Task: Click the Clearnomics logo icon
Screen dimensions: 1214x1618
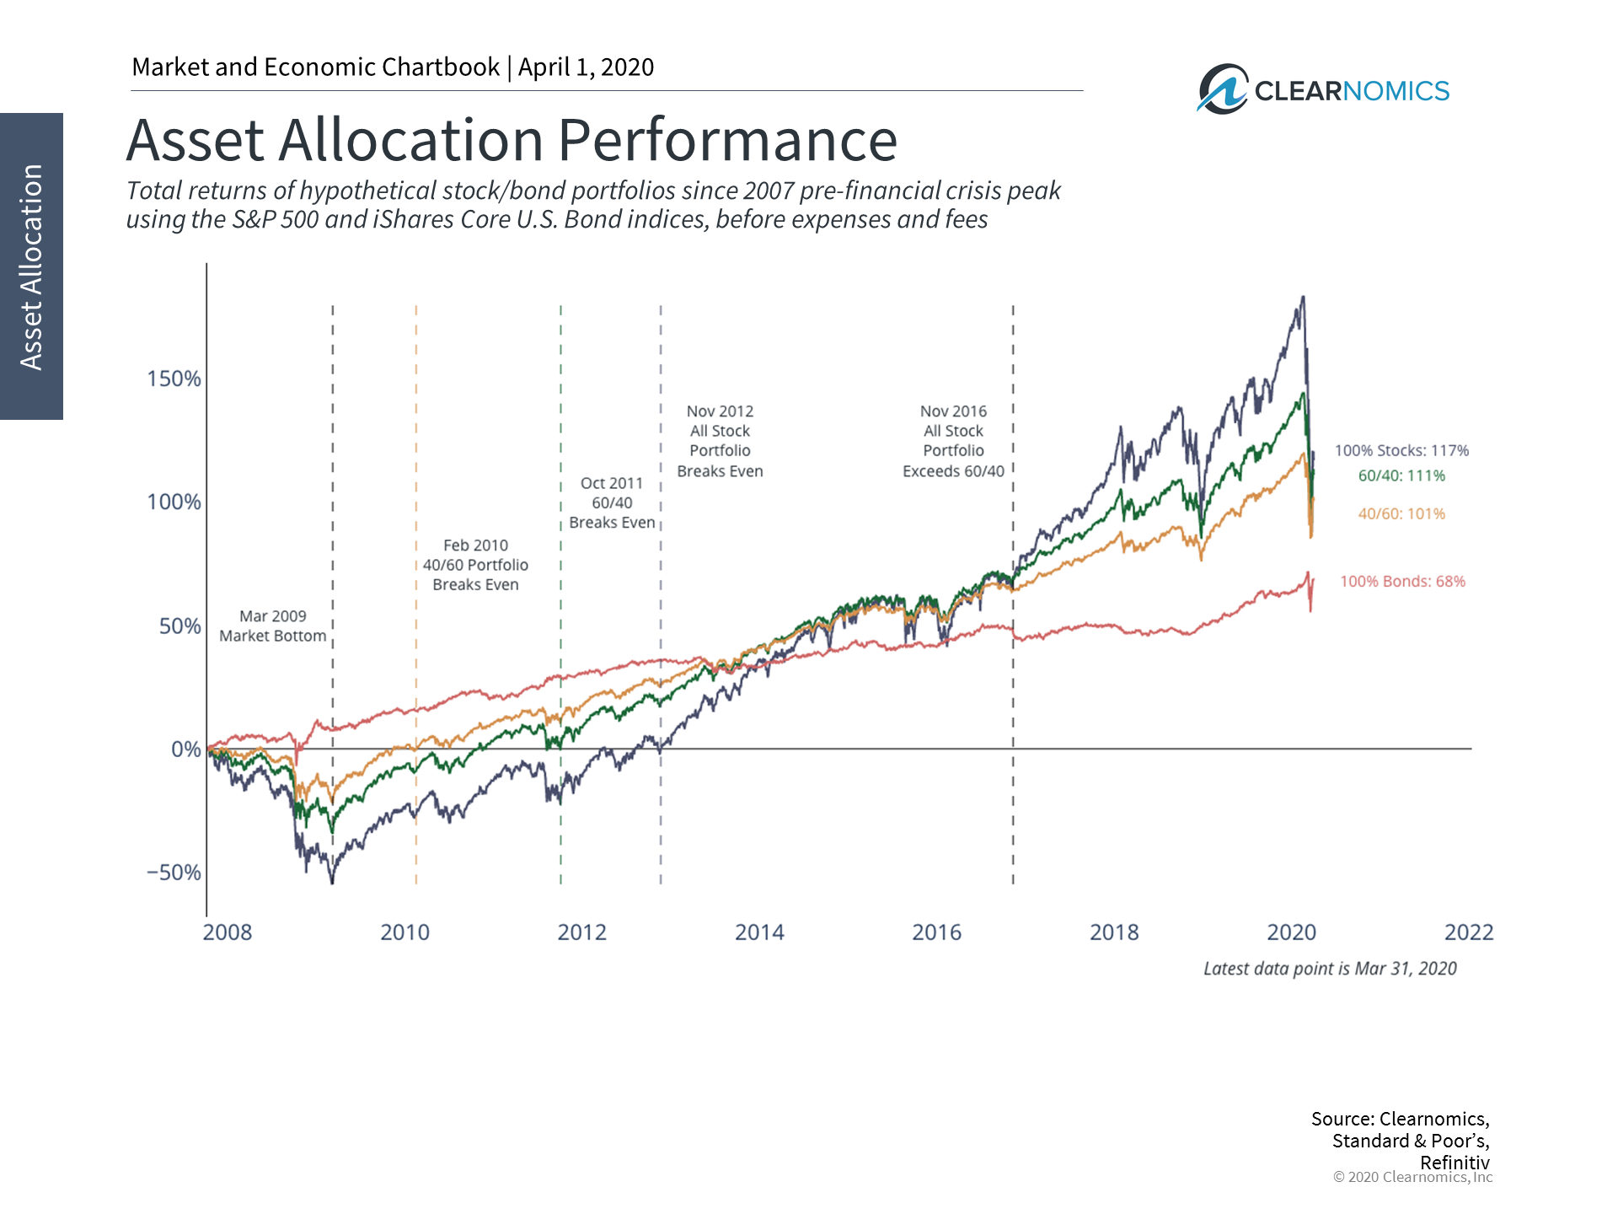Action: [1223, 89]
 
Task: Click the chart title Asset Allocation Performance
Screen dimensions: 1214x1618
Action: [512, 140]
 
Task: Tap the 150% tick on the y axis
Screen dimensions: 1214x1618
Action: [174, 379]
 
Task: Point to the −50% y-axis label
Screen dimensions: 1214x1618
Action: [174, 872]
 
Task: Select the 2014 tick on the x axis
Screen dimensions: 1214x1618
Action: [759, 932]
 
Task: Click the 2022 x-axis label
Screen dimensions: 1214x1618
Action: [1469, 932]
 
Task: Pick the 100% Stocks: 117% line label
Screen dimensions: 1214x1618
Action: [1401, 450]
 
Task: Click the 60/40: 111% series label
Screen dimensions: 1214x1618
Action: [1401, 475]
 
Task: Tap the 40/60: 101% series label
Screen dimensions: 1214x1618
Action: [1401, 513]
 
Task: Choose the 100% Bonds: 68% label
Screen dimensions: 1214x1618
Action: [1402, 581]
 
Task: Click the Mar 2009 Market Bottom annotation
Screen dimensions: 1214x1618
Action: [272, 626]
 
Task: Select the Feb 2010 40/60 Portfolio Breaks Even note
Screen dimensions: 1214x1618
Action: [475, 565]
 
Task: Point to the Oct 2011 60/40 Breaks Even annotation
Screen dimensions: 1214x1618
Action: [612, 502]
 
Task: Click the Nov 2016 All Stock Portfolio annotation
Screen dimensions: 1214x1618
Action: [953, 441]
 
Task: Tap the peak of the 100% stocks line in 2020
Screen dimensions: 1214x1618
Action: [1303, 298]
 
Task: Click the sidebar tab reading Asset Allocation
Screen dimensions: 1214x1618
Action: [31, 266]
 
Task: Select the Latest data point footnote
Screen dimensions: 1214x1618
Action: [1330, 969]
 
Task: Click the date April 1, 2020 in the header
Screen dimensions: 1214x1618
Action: [586, 67]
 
